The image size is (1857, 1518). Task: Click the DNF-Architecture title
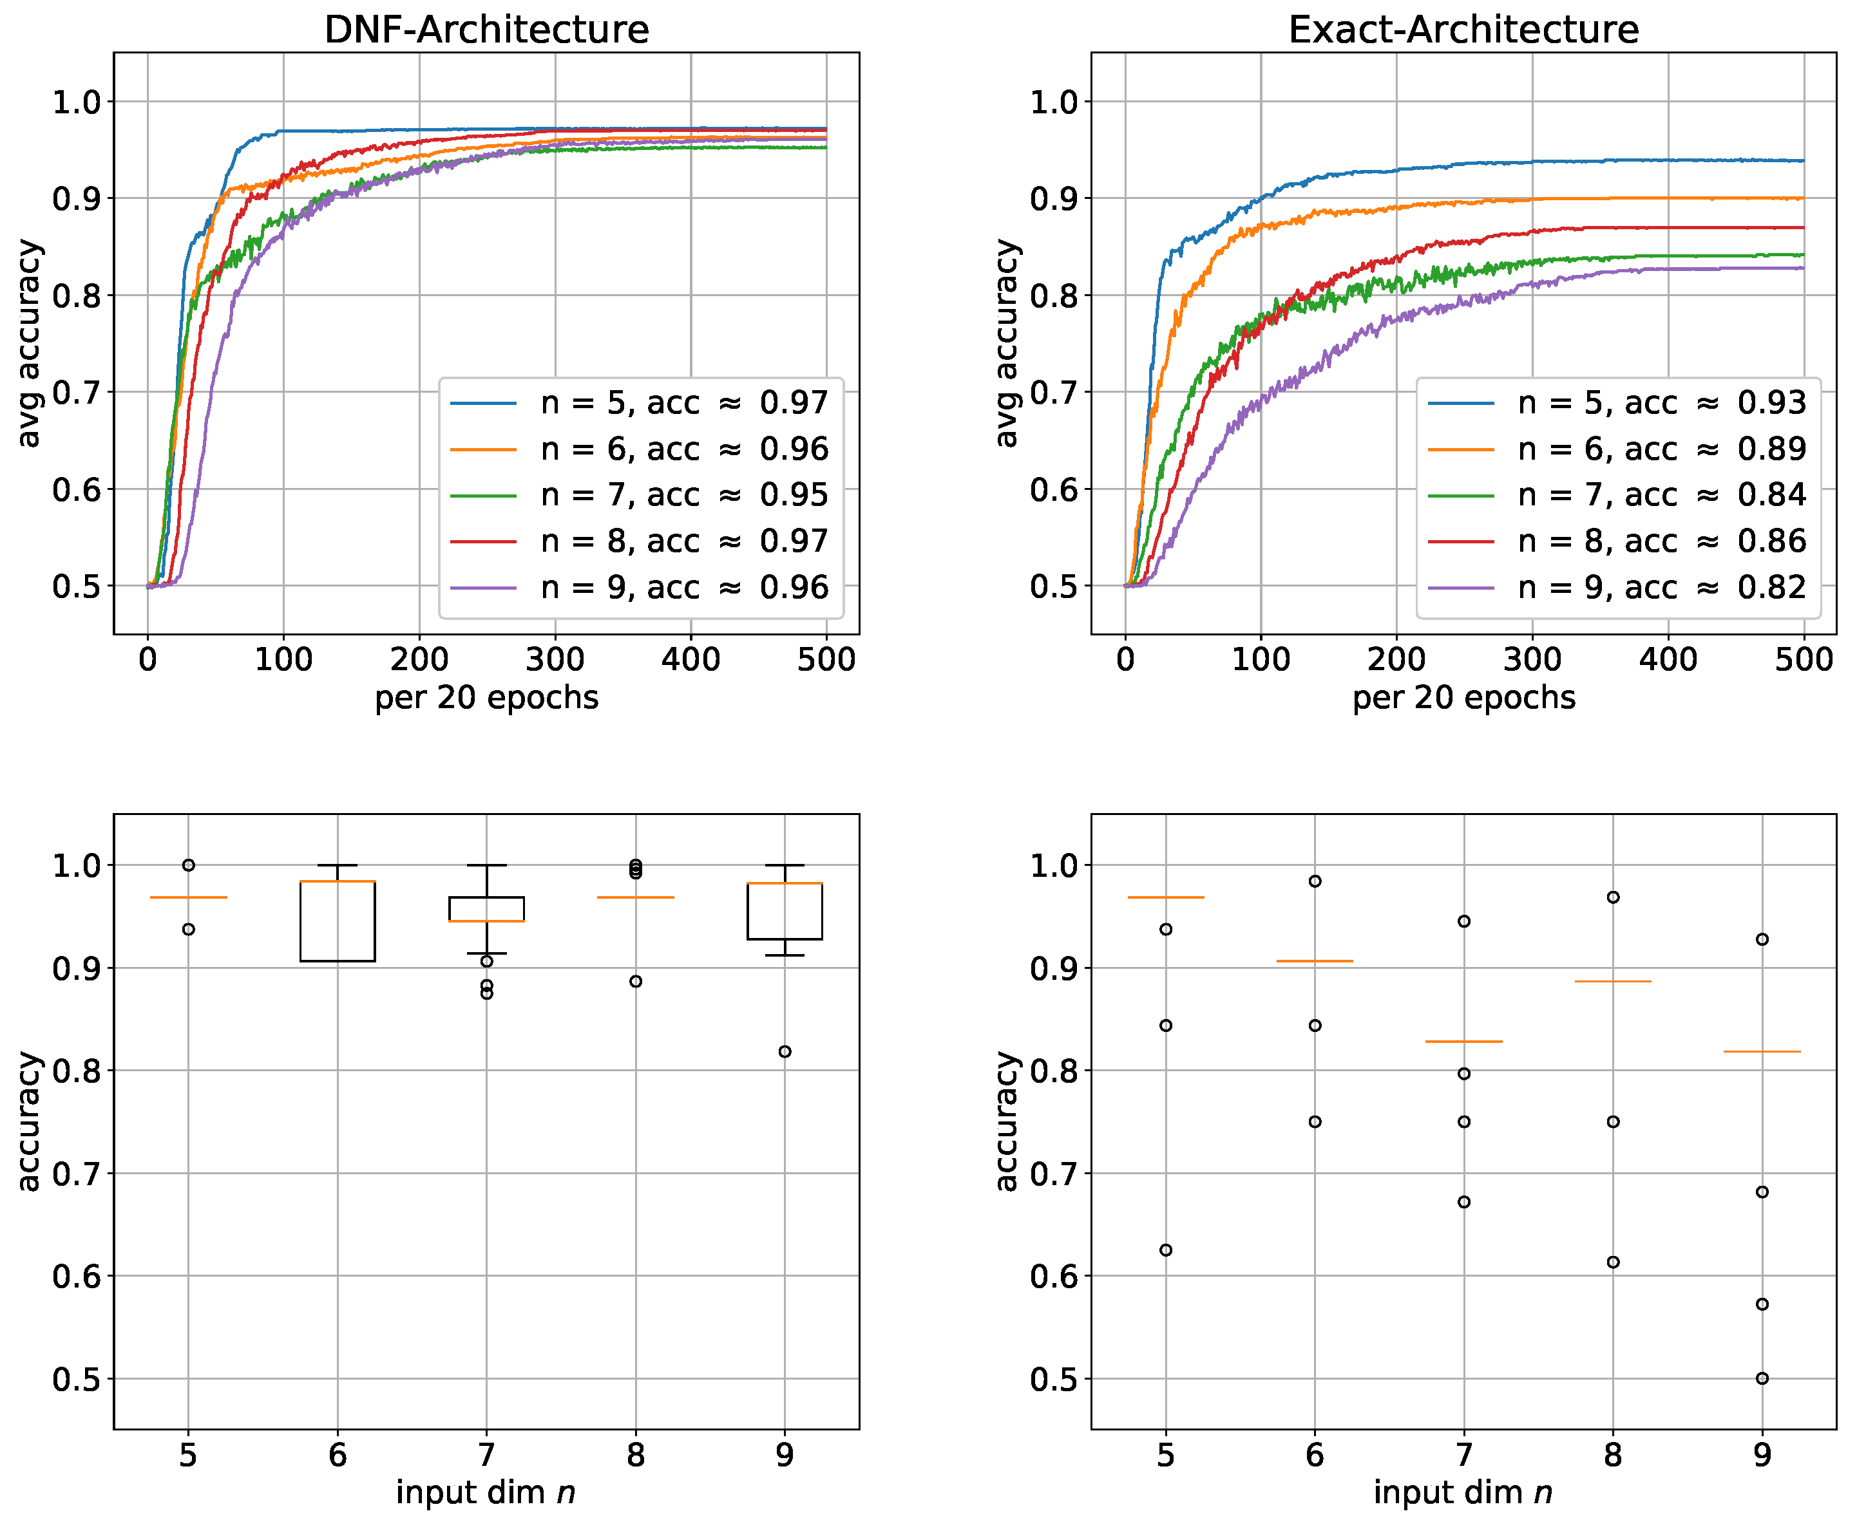pyautogui.click(x=486, y=30)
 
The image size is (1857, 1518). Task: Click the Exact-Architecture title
pyautogui.click(x=1463, y=30)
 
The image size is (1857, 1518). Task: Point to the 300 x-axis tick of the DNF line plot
pyautogui.click(x=555, y=659)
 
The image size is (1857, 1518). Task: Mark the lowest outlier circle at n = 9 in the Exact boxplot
pyautogui.click(x=1762, y=1379)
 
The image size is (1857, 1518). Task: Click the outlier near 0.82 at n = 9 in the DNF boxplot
pyautogui.click(x=785, y=1052)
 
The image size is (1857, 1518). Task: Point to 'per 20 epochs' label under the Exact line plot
pyautogui.click(x=1463, y=698)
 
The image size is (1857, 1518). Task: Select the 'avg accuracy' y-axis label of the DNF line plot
pyautogui.click(x=30, y=342)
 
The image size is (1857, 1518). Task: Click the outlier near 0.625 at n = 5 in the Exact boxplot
pyautogui.click(x=1165, y=1250)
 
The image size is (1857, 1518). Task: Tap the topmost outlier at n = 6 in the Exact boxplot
pyautogui.click(x=1315, y=881)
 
